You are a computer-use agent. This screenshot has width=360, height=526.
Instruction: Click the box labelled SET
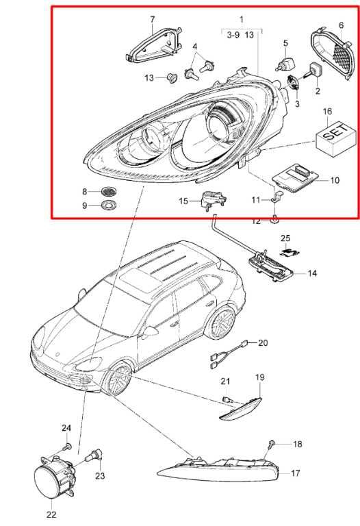(335, 139)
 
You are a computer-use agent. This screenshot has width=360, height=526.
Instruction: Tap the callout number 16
(327, 112)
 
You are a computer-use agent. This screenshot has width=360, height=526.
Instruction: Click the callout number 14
(312, 273)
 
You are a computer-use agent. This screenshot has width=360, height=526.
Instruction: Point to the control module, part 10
(295, 178)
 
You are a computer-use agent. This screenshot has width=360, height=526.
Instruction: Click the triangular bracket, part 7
(155, 46)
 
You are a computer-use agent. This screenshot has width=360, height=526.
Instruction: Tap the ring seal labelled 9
(110, 191)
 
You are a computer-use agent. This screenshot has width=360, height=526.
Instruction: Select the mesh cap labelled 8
(110, 205)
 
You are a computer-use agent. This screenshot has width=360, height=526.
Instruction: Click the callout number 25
(285, 238)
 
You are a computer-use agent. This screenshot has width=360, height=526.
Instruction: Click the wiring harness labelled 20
(229, 354)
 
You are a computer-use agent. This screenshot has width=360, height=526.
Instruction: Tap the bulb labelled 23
(94, 456)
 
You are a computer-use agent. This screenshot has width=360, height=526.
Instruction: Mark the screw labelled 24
(67, 447)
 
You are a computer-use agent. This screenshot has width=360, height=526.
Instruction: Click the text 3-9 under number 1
(233, 34)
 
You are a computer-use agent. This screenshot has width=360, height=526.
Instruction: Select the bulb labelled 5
(285, 64)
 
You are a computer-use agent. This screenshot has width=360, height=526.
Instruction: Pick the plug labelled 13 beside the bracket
(172, 78)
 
